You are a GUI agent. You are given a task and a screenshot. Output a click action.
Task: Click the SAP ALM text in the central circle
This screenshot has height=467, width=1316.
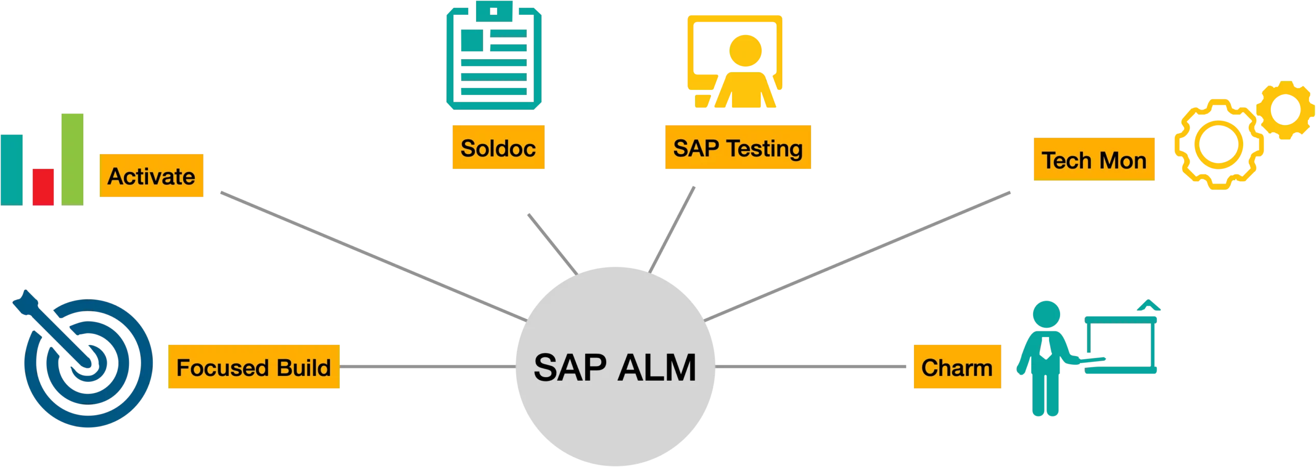[x=615, y=368]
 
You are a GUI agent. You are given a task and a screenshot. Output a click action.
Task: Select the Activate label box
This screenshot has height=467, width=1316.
[x=151, y=176]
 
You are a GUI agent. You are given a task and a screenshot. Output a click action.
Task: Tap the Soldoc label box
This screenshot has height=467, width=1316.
[x=498, y=147]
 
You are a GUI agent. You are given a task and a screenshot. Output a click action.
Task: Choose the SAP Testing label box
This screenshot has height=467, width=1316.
[x=738, y=147]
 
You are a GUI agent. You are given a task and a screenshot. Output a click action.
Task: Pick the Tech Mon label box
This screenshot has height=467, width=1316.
[x=1094, y=160]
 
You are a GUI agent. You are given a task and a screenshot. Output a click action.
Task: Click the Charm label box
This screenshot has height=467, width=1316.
[x=957, y=367]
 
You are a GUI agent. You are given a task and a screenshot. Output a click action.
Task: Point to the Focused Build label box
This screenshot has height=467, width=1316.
[x=253, y=367]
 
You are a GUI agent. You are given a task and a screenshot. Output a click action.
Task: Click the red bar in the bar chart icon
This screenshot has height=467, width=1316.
[x=43, y=187]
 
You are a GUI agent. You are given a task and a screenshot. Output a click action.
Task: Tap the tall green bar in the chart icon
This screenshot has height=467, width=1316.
[x=72, y=159]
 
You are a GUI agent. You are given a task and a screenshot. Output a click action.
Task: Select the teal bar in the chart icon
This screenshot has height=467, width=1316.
[x=12, y=170]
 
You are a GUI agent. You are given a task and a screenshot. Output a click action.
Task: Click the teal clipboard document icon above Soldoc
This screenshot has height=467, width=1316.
[x=493, y=57]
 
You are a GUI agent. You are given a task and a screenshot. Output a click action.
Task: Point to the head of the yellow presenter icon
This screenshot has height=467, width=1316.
[x=745, y=50]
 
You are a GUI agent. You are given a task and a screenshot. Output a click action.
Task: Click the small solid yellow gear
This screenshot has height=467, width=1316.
[x=1285, y=110]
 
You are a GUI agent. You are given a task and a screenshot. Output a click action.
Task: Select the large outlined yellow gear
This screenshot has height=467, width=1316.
[x=1218, y=144]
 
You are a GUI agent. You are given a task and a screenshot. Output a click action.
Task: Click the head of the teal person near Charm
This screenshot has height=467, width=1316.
[x=1046, y=314]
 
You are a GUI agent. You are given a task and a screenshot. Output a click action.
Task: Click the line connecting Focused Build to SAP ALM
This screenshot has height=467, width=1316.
[x=427, y=366]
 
